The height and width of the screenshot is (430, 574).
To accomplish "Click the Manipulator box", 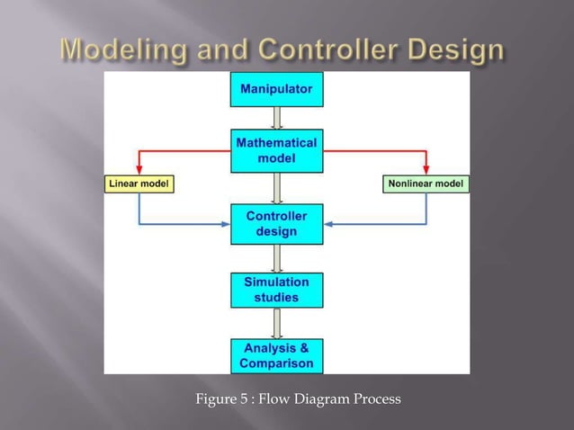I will [x=276, y=89].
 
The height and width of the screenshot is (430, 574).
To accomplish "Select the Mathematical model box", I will [x=276, y=151].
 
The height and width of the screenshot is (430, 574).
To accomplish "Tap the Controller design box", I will [x=276, y=224].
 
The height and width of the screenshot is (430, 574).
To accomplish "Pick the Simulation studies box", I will [x=276, y=290].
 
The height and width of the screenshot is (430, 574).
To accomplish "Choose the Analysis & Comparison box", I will [x=276, y=355].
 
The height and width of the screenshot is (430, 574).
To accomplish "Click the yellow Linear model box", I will [x=139, y=184].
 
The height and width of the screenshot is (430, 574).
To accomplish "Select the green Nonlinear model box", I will [x=426, y=184].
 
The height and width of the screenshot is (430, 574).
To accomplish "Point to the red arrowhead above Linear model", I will [x=139, y=168].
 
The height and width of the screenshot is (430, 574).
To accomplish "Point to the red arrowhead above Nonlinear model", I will [x=426, y=168].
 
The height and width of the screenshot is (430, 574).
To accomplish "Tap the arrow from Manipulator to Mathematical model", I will [x=277, y=118].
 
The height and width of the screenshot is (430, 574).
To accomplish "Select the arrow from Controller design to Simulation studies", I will [x=277, y=258].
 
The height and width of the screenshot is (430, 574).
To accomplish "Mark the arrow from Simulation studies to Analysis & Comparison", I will [x=277, y=323].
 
